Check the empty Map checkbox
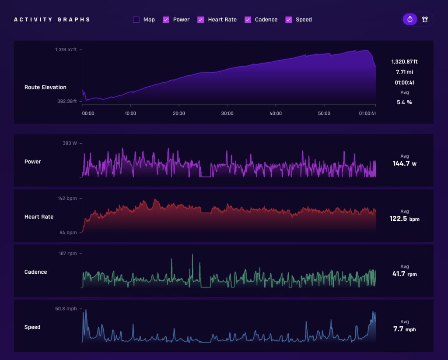[136, 19]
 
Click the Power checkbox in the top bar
[166, 19]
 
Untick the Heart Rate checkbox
[201, 19]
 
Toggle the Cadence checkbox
[248, 19]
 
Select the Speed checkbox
[289, 19]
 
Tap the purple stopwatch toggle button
[410, 19]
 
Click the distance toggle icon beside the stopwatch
[425, 19]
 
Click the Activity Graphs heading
[52, 19]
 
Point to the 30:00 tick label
[227, 113]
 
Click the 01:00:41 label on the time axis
[367, 113]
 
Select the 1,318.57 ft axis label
[66, 50]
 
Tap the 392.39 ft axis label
[67, 101]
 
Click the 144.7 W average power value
[405, 163]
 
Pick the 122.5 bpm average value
[405, 219]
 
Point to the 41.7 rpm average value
[405, 274]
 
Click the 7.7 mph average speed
[405, 329]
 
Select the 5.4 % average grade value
[405, 102]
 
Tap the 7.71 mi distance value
[405, 72]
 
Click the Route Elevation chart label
[45, 87]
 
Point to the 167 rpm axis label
[68, 254]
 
